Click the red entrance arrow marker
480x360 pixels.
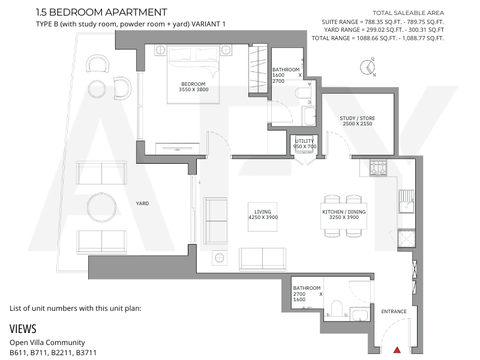click(x=397, y=350)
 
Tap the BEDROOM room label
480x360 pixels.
click(x=193, y=84)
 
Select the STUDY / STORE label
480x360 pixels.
click(x=357, y=118)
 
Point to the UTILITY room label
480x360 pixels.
click(x=304, y=141)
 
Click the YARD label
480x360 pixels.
click(x=142, y=203)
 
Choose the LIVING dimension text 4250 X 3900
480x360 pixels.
click(x=263, y=217)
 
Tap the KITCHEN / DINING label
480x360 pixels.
click(x=344, y=212)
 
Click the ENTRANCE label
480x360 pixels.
click(x=394, y=311)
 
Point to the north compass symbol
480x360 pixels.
click(x=368, y=67)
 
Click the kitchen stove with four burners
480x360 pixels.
click(x=378, y=168)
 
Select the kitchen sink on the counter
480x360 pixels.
click(x=407, y=202)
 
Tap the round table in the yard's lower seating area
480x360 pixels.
click(x=101, y=207)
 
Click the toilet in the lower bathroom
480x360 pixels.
click(x=337, y=308)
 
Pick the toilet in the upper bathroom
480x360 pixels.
click(x=303, y=93)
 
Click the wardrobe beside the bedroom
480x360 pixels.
click(x=259, y=69)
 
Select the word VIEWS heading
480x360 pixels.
click(x=23, y=329)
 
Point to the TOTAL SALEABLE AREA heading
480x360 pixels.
click(x=408, y=13)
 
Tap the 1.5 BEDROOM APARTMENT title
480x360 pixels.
click(x=101, y=12)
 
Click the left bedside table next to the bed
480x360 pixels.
click(x=160, y=50)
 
